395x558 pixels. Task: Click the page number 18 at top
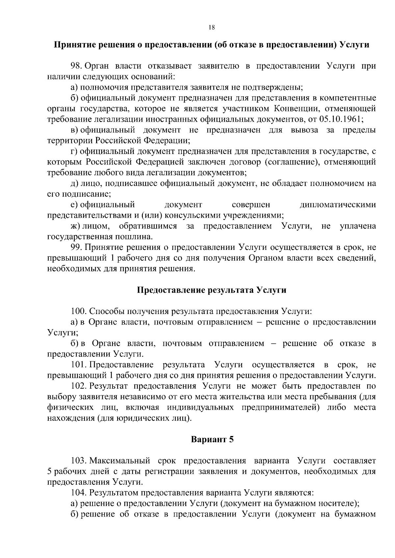[212, 28]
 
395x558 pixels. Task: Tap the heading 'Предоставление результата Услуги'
[211, 290]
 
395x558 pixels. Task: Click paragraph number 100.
[79, 311]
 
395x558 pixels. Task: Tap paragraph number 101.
[79, 365]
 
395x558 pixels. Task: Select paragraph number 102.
[79, 386]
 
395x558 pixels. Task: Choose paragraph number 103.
[79, 460]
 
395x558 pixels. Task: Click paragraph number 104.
[79, 493]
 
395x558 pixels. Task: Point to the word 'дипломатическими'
[338, 205]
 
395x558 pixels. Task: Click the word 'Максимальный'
[120, 460]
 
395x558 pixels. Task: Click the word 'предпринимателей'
[281, 408]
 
